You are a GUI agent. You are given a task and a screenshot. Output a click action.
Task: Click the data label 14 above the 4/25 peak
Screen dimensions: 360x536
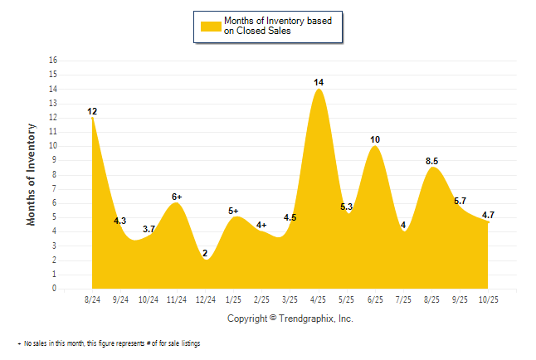tap(319, 82)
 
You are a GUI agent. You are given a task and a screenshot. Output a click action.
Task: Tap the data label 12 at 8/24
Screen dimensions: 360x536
tap(93, 111)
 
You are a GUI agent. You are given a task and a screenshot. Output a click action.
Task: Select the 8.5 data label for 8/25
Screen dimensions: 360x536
tap(431, 161)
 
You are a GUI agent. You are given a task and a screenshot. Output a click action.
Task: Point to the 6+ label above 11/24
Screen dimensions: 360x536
tap(177, 197)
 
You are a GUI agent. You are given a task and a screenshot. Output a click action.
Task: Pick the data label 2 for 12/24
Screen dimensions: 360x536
tap(205, 253)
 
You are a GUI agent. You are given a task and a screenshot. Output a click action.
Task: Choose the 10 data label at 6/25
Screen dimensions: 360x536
tap(375, 139)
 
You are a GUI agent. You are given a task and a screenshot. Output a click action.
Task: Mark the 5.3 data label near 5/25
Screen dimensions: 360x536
tap(347, 207)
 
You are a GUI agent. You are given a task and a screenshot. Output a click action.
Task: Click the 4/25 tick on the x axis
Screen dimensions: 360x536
tap(319, 299)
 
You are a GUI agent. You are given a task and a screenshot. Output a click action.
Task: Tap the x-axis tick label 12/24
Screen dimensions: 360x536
tap(205, 299)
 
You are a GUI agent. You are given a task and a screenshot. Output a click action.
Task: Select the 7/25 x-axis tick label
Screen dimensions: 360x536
tap(403, 299)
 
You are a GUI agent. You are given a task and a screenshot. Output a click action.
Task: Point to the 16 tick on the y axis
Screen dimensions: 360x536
tap(54, 61)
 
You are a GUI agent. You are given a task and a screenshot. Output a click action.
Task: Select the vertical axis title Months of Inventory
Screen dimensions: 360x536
tap(32, 174)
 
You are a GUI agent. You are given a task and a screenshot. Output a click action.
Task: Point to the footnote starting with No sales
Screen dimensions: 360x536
tap(111, 343)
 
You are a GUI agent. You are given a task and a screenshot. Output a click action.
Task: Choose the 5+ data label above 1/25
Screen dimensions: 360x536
tap(233, 212)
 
